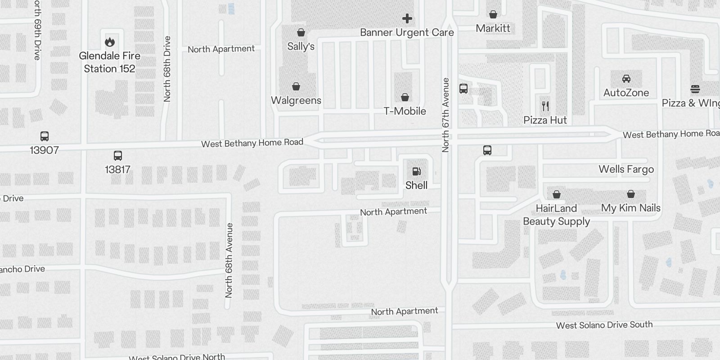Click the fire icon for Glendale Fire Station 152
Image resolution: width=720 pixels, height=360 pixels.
(110, 42)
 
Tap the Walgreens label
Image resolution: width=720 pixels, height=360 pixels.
(296, 100)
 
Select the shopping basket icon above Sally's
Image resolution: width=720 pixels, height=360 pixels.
(301, 32)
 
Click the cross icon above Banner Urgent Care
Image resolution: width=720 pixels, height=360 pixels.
(407, 18)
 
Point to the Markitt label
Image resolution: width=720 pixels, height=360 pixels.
(493, 28)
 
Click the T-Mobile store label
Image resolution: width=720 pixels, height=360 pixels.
(405, 111)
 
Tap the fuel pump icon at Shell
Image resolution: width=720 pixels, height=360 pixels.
(417, 171)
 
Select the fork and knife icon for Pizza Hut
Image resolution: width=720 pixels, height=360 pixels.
(545, 106)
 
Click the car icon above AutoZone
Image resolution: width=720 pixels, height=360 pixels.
(626, 79)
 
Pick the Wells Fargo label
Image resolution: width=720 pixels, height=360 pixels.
(626, 169)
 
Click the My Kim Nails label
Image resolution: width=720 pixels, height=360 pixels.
(631, 208)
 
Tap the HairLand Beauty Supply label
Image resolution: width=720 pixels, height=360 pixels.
(557, 215)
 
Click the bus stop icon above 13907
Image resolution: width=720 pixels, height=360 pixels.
(45, 136)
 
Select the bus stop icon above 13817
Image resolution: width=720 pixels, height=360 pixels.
(118, 156)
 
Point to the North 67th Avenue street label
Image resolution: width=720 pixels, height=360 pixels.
(445, 115)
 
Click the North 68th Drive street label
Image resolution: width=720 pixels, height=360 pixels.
(167, 69)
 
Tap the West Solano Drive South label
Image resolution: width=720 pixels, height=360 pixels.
(604, 325)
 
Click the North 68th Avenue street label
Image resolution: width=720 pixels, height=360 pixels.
(229, 261)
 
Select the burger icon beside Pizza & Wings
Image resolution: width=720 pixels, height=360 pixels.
(695, 89)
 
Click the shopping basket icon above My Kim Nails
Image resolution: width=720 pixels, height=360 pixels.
(631, 194)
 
